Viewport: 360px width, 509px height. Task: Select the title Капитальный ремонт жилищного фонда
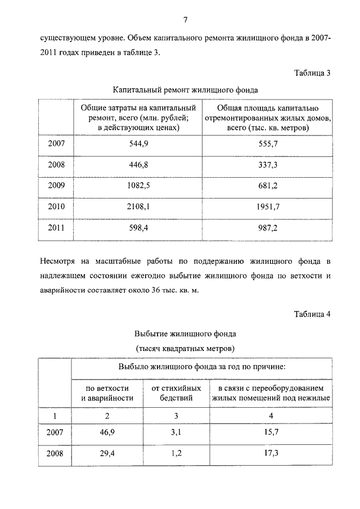point(185,89)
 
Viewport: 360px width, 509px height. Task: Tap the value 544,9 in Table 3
point(138,143)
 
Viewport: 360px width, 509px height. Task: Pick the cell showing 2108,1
point(138,206)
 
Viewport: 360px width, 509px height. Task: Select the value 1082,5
point(138,186)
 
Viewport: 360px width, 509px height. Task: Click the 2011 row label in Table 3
point(56,228)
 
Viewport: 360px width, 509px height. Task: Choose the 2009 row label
point(56,186)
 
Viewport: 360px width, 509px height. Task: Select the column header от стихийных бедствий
point(176,393)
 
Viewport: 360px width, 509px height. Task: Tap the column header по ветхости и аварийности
point(107,393)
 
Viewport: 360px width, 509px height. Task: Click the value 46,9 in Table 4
point(107,433)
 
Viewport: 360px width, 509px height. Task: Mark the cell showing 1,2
point(176,453)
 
